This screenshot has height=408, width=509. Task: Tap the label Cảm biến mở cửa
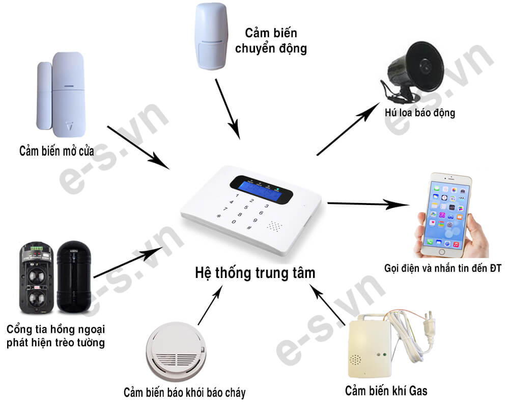(x=57, y=151)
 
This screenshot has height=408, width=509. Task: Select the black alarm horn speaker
(x=413, y=69)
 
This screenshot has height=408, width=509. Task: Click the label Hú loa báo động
(x=420, y=112)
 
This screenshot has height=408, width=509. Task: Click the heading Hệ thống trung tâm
(x=255, y=273)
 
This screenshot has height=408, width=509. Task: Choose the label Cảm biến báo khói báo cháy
(x=184, y=393)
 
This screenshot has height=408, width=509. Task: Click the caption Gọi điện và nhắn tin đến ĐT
(x=443, y=268)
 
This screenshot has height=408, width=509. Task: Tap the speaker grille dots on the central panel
(x=275, y=225)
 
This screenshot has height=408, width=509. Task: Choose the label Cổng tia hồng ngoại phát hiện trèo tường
(x=55, y=335)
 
